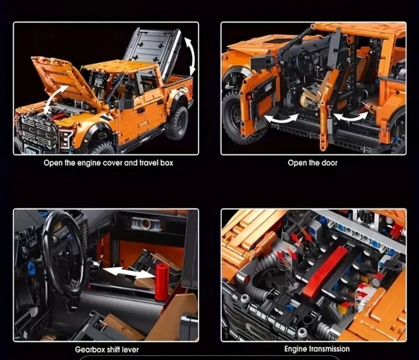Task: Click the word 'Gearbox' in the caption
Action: [x=91, y=350]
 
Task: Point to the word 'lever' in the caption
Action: [x=129, y=350]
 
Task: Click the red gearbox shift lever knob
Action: [x=162, y=281]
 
